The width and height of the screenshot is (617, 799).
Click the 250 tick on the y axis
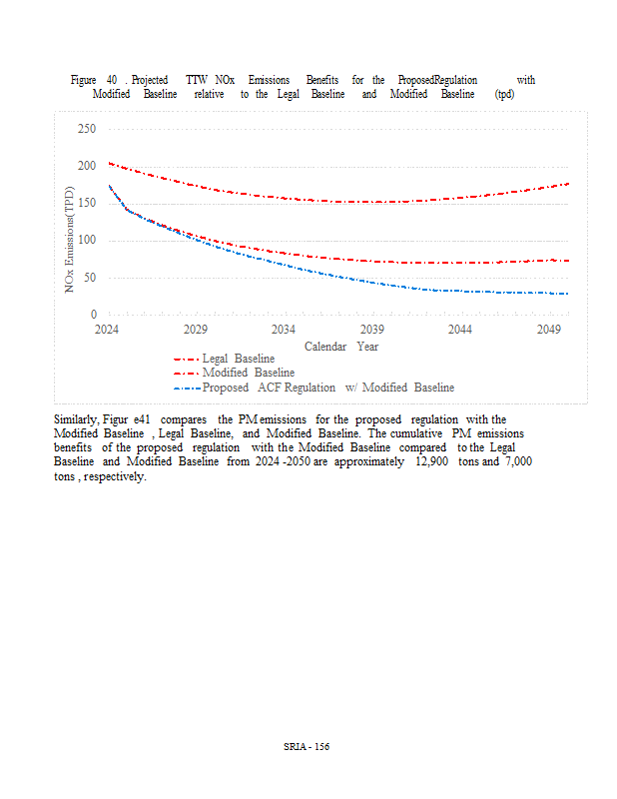click(x=87, y=129)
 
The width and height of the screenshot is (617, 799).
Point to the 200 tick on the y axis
click(x=87, y=166)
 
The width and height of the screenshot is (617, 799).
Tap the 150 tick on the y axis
click(x=87, y=203)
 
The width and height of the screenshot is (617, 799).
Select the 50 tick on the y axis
click(x=90, y=278)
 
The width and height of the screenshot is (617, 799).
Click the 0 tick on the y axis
click(x=93, y=315)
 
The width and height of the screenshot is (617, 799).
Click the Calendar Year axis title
click(x=341, y=346)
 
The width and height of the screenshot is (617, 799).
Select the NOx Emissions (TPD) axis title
click(x=70, y=240)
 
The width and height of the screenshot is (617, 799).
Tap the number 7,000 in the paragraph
click(x=516, y=462)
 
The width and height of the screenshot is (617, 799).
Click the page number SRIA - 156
click(x=307, y=746)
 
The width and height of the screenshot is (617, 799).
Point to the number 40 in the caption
click(x=112, y=80)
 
